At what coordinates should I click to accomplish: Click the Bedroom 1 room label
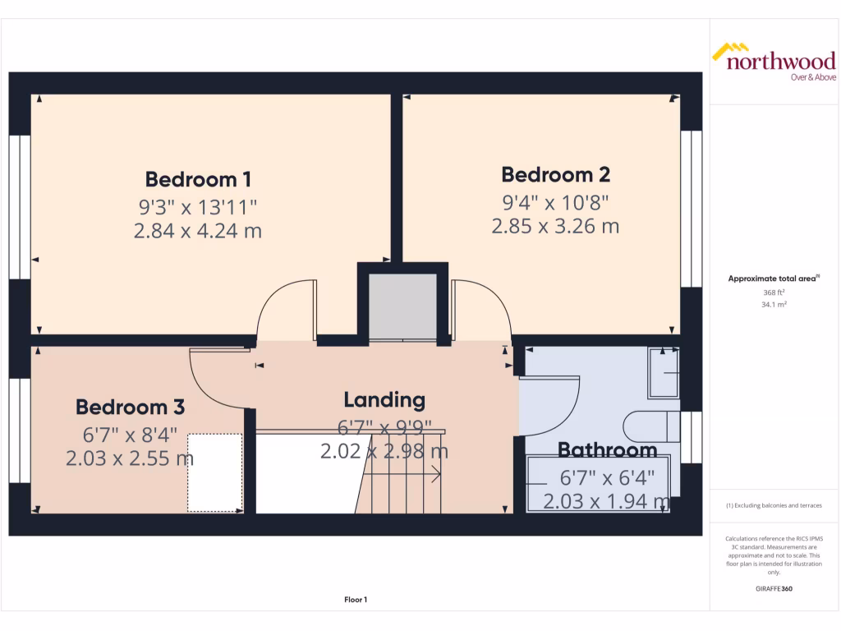point(198,179)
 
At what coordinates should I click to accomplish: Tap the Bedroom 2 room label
point(555,174)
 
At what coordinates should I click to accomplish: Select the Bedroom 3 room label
point(130,407)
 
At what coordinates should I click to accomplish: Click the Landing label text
point(384,400)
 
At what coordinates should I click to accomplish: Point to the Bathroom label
point(607,450)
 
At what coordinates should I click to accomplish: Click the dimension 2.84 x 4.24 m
point(198,231)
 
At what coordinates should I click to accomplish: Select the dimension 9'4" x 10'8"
point(555,201)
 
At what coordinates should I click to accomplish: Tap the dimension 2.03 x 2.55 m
point(130,458)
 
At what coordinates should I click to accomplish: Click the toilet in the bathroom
point(652,426)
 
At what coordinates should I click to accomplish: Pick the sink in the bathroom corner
point(664,374)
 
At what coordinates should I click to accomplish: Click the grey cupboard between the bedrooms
point(402,306)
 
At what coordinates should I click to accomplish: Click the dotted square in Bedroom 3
point(214,472)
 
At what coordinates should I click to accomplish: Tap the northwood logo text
point(780,62)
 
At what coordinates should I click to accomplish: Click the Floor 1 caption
point(356,600)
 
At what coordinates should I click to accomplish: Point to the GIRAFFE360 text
point(773,589)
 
